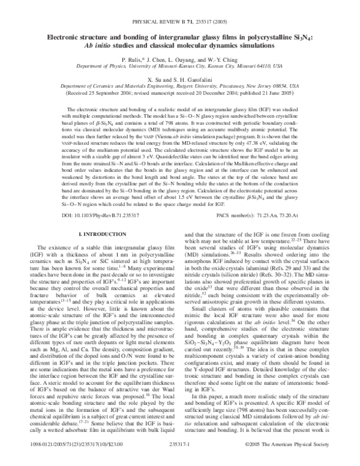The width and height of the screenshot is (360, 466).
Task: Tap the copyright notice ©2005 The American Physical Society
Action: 290,459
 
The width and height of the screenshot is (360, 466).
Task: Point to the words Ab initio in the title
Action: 103,46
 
